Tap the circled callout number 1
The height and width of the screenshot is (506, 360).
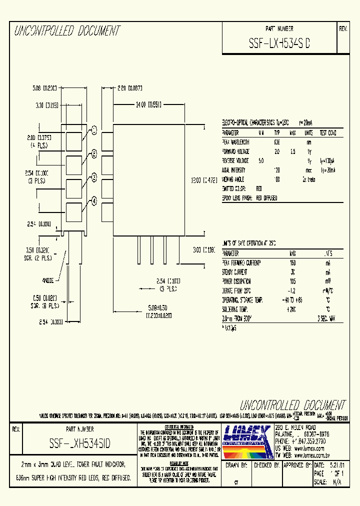click(x=93, y=130)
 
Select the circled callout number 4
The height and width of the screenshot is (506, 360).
click(x=93, y=201)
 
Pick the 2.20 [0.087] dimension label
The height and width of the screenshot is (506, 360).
click(x=130, y=88)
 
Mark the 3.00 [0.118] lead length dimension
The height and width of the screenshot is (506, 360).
click(x=203, y=248)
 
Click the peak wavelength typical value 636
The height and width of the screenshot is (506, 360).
click(x=277, y=142)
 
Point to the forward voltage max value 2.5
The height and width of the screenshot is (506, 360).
click(x=292, y=151)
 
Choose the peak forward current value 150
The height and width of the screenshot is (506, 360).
click(x=293, y=262)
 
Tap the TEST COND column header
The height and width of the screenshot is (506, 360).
click(x=328, y=133)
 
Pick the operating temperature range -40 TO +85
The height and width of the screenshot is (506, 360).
click(x=292, y=299)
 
